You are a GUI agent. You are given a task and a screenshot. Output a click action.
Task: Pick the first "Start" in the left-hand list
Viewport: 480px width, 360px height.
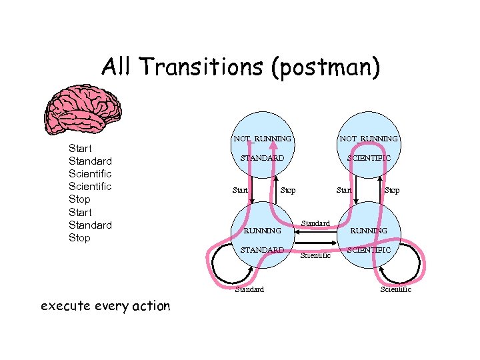80,148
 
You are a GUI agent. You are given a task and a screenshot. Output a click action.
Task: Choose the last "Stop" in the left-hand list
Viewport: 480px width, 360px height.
79,238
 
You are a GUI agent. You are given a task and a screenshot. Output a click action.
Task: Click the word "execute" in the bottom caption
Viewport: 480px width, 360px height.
65,306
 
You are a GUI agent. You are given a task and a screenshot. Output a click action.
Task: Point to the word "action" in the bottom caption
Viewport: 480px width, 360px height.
148,306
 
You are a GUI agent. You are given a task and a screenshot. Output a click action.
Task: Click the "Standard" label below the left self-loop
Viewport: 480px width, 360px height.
249,289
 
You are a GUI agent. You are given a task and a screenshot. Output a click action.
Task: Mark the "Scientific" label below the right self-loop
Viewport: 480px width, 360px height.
395,289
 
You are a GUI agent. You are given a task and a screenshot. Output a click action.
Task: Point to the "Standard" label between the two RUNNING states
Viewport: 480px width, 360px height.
315,222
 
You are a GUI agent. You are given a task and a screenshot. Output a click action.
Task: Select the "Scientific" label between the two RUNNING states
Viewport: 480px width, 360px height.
315,255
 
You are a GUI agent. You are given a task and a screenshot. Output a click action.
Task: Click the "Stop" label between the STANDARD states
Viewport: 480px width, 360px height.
288,191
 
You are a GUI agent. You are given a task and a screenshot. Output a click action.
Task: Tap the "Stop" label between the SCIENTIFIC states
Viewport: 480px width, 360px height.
392,191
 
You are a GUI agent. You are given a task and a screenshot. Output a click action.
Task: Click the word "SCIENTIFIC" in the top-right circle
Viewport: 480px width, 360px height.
369,158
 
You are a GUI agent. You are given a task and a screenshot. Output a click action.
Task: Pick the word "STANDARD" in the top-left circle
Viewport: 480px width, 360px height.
262,158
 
